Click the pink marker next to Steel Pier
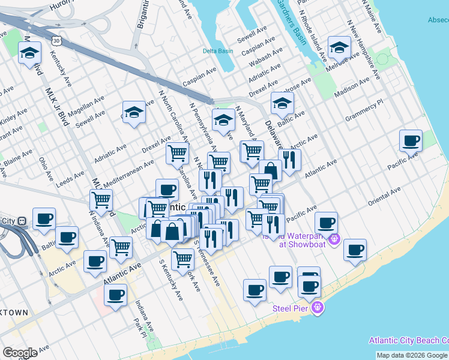pos(318,308)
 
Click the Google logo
pos(20,352)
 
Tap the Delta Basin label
pos(217,51)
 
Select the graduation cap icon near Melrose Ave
pos(339,48)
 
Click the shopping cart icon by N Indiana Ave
pos(101,200)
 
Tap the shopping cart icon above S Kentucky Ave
pos(182,260)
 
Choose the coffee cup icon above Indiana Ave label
pos(115,294)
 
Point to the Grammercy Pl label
pos(364,112)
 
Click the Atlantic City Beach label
pos(408,340)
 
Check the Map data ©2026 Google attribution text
pos(412,355)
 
